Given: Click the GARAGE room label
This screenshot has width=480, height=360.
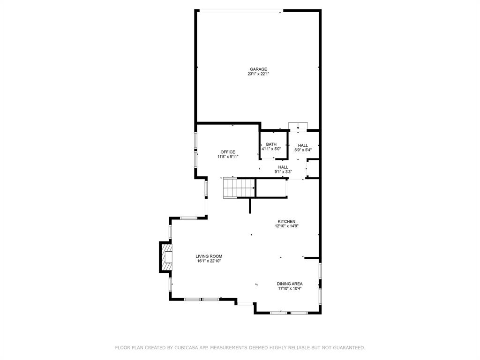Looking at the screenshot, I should tap(258, 69).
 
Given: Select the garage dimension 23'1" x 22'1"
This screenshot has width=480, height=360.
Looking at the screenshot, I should tap(258, 74).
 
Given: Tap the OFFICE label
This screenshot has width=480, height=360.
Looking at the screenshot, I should tap(228, 152).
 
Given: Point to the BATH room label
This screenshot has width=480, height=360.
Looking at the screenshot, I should tap(271, 144).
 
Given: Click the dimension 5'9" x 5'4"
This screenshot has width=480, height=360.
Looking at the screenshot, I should tap(303, 150).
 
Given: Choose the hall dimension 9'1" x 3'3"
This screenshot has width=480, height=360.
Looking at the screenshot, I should tap(283, 172).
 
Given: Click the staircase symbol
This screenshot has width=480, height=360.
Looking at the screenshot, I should tap(238, 188).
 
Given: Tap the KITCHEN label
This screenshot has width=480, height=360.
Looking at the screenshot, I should tap(286, 221).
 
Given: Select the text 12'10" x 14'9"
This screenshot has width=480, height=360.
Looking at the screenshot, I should tap(286, 226).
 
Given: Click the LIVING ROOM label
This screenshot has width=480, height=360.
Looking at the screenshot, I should tap(209, 256).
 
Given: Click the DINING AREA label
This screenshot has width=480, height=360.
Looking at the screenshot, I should tap(289, 284).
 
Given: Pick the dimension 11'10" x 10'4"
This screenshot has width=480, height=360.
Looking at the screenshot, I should tap(289, 289).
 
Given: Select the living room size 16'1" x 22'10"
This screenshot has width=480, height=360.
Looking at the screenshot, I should tap(209, 261).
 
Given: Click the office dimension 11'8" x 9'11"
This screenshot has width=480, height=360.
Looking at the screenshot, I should tap(228, 157).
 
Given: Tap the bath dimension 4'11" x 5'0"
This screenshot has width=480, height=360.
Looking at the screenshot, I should tap(271, 149).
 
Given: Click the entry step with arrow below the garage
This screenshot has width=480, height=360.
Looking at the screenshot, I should tap(298, 126).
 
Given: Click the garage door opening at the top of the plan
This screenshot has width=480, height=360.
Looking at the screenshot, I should tap(239, 11).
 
